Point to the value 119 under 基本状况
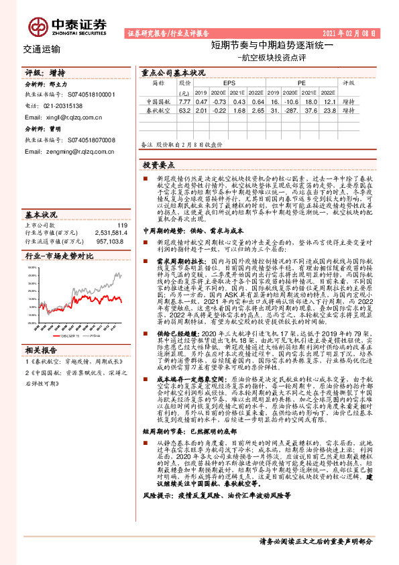(121, 225)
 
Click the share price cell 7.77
(185, 101)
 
